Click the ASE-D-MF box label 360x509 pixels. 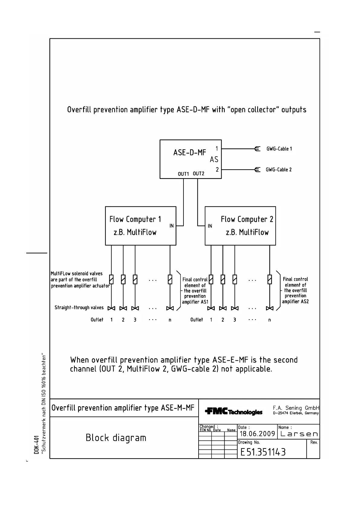click(x=190, y=153)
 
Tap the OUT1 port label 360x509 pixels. click(x=183, y=174)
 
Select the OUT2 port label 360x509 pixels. click(x=199, y=173)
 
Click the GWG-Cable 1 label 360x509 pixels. click(x=279, y=149)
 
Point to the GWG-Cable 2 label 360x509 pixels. click(x=279, y=170)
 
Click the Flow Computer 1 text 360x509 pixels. click(x=135, y=219)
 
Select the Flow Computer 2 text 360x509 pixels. click(x=247, y=219)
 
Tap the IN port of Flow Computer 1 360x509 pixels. click(x=171, y=226)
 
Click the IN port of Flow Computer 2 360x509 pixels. click(x=210, y=226)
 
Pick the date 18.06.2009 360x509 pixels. click(x=257, y=434)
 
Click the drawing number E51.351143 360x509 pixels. click(x=263, y=452)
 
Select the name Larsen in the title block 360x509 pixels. click(x=299, y=434)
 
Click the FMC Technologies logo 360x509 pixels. click(x=234, y=412)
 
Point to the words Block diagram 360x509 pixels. click(x=116, y=438)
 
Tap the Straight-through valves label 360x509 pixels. click(x=79, y=308)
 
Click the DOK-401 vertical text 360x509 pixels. click(x=36, y=444)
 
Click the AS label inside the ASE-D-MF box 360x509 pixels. click(x=214, y=159)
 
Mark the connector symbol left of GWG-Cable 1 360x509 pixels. click(x=257, y=149)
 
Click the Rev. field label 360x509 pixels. click(x=314, y=442)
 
